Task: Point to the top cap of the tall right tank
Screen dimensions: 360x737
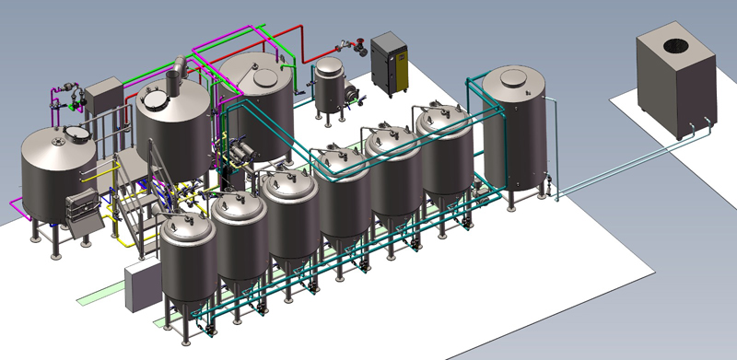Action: tap(512, 75)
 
